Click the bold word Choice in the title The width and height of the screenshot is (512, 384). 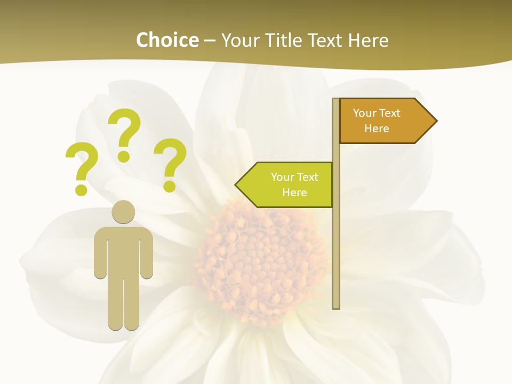[x=167, y=40]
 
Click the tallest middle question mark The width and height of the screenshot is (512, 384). [x=125, y=134]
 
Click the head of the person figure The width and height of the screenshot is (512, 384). [x=123, y=212]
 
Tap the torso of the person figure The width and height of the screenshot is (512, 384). [x=123, y=248]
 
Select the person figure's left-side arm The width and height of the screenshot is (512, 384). [x=100, y=253]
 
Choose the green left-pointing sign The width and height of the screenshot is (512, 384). [x=288, y=185]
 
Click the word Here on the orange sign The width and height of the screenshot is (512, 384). [x=377, y=129]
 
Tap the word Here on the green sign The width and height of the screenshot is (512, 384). [x=294, y=193]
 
